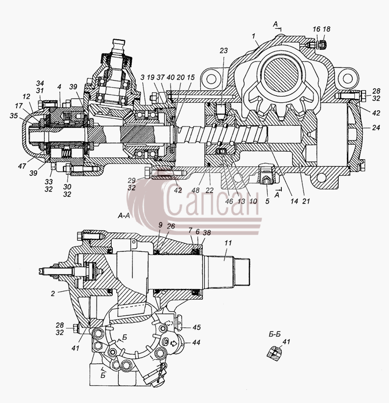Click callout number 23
[223, 50]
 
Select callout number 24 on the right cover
[376, 127]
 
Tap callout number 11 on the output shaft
[228, 243]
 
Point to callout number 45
[196, 327]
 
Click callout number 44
[196, 343]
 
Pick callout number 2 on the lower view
[53, 294]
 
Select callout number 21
[306, 201]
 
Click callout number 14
[294, 201]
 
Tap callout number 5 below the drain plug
[267, 201]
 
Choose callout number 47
[22, 166]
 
